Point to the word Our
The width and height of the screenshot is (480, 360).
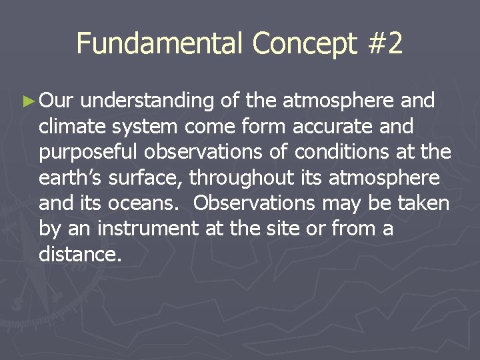pos(59,101)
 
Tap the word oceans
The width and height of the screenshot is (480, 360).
pos(153,203)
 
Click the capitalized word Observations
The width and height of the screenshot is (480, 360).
pos(257,203)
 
